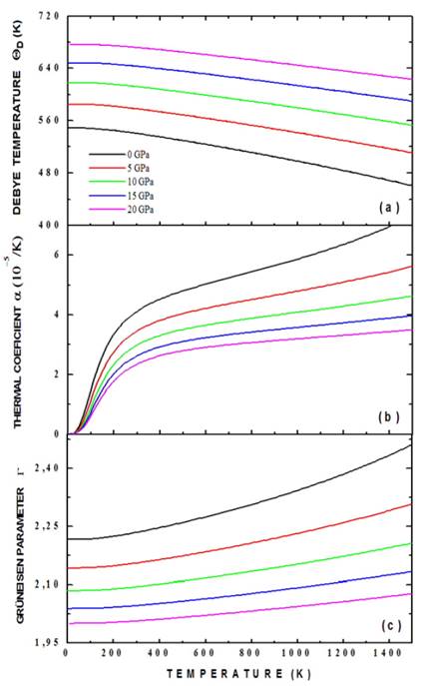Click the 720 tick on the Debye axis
pyautogui.click(x=47, y=17)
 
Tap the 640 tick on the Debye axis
pyautogui.click(x=47, y=68)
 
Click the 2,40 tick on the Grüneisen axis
pyautogui.click(x=45, y=467)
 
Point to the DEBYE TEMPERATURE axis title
pyautogui.click(x=19, y=120)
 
